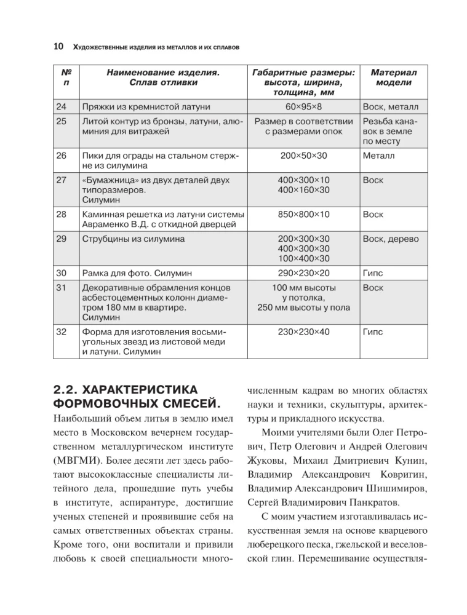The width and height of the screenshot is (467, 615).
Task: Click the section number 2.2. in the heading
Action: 68,390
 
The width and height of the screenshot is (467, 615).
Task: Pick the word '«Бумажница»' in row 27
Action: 106,180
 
